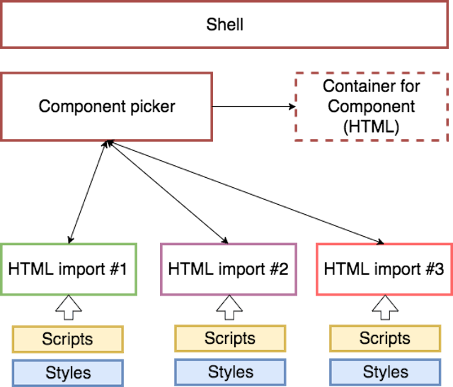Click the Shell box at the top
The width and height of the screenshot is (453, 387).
(225, 25)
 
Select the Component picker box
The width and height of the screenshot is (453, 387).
(107, 106)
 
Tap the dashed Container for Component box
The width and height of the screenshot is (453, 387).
(372, 106)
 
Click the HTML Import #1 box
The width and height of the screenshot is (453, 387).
(67, 269)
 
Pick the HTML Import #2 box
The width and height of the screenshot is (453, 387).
(228, 269)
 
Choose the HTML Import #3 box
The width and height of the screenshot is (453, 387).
(384, 269)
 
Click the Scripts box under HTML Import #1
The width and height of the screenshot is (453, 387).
(67, 339)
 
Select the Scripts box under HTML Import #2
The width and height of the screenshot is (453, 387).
(230, 339)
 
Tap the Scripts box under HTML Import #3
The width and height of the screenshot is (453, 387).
(384, 339)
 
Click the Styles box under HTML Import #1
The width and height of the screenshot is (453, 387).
(67, 372)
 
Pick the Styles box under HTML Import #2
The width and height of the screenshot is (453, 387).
(230, 372)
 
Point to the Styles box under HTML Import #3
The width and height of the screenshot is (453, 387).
(384, 372)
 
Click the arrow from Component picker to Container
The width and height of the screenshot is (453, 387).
(255, 107)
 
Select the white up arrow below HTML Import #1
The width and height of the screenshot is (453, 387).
(68, 306)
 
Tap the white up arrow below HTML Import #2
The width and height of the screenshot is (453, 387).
(230, 306)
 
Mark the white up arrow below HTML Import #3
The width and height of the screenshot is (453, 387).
(384, 306)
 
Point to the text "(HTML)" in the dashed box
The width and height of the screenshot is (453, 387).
(371, 128)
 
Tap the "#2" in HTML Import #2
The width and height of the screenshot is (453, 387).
(277, 269)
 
